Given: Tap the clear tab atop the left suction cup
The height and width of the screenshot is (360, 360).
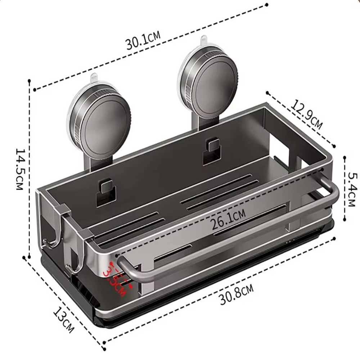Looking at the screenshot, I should (x=94, y=78).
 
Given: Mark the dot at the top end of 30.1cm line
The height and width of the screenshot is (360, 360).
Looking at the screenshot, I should (x=266, y=5).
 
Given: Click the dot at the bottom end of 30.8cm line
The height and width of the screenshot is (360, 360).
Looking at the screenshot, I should (x=104, y=348).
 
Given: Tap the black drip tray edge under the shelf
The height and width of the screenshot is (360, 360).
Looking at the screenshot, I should (x=216, y=288).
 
